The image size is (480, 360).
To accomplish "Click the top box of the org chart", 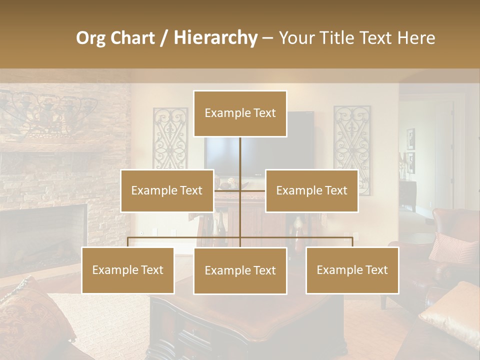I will click(240, 113).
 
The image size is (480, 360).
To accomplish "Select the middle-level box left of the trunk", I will click(167, 190).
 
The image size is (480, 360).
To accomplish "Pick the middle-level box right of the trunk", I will click(311, 190).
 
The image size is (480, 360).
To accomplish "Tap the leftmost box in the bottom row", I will click(128, 270).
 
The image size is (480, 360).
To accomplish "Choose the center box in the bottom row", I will click(240, 270).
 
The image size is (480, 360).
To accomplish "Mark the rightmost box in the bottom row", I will click(352, 270).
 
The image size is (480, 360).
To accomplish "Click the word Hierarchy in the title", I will click(215, 38).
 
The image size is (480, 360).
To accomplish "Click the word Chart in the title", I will click(132, 38).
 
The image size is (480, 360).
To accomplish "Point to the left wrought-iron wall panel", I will click(170, 137).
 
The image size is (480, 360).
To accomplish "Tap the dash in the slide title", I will click(267, 38).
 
